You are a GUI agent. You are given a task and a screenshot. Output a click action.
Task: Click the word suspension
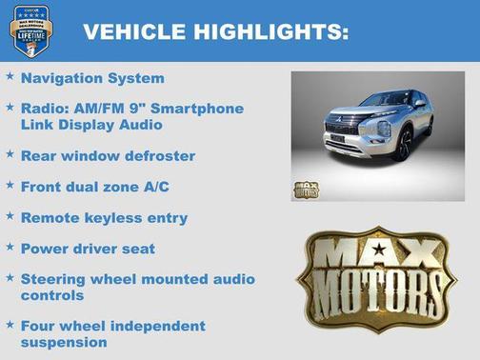pyautogui.click(x=64, y=342)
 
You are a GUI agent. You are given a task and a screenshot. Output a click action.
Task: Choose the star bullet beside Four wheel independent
pyautogui.click(x=10, y=324)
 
